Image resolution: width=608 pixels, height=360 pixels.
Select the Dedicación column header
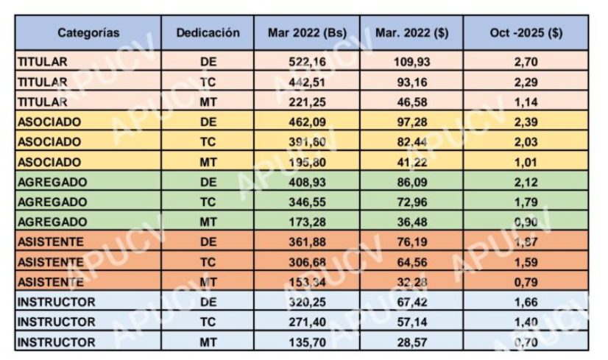(x=208, y=33)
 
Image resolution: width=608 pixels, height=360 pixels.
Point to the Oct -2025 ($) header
(x=526, y=33)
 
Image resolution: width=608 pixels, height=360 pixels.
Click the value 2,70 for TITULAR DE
(x=526, y=61)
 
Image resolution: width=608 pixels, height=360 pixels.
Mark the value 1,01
(x=526, y=161)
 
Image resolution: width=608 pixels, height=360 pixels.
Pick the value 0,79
(x=526, y=282)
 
